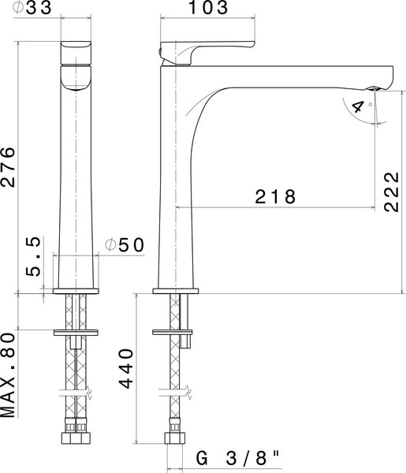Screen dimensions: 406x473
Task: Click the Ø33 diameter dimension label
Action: click(32, 8)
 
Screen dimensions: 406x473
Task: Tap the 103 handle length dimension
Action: click(208, 8)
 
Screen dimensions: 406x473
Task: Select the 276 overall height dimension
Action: click(8, 167)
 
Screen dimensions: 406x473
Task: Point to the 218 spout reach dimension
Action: click(275, 196)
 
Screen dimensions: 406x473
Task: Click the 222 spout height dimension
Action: click(392, 192)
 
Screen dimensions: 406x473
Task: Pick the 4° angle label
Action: click(361, 106)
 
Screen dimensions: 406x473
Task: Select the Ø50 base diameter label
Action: click(125, 245)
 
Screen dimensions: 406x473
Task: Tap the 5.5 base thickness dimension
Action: click(33, 257)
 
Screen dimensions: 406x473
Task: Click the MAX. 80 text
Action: click(8, 375)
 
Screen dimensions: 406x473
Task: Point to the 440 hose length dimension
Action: click(126, 368)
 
